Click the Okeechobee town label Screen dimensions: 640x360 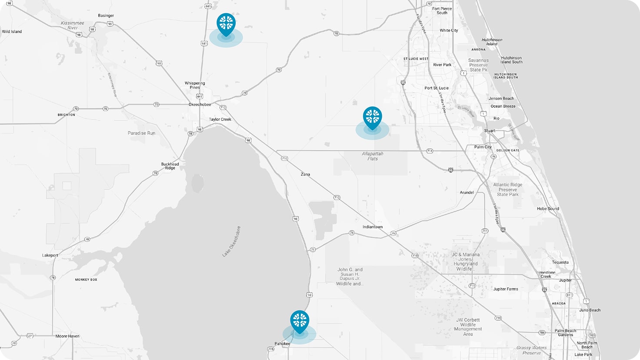[200, 105]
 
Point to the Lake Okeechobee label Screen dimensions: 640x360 [231, 241]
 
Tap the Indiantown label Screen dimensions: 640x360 [373, 227]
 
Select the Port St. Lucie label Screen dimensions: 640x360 [437, 88]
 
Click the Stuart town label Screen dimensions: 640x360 [490, 131]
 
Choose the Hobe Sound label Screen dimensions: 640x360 [548, 209]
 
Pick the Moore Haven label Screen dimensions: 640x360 [67, 336]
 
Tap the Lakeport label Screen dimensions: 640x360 [50, 256]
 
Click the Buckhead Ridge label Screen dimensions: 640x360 [170, 166]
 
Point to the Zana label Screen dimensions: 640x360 [305, 174]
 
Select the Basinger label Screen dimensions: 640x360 [106, 16]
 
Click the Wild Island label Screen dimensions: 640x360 [12, 32]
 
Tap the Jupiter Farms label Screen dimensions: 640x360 [505, 289]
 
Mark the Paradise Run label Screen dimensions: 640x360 [141, 133]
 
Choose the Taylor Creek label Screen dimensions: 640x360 [220, 120]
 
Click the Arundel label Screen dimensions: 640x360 [467, 193]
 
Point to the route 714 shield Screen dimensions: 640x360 [430, 151]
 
